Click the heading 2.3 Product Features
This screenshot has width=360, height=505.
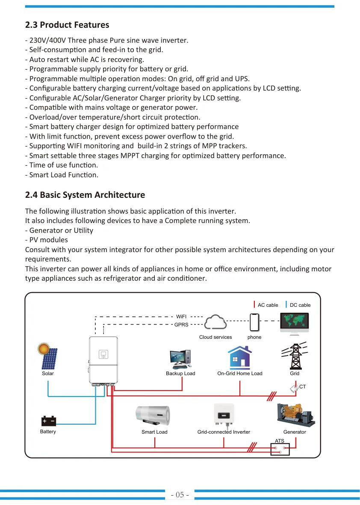(x=67, y=25)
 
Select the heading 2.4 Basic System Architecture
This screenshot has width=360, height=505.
(x=85, y=195)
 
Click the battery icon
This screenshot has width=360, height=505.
(x=49, y=421)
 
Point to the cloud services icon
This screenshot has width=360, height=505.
(x=215, y=322)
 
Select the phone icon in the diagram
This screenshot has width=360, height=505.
(x=255, y=322)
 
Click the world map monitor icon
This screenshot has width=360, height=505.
(x=295, y=323)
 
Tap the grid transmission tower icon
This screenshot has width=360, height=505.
(x=295, y=356)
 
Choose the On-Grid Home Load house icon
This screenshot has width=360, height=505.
(x=240, y=357)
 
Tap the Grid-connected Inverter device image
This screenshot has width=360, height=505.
(x=224, y=415)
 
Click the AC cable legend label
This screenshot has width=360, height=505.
(x=268, y=305)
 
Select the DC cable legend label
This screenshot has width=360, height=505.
(x=300, y=305)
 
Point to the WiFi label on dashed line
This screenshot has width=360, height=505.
(x=181, y=317)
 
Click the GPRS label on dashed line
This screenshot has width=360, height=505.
(x=181, y=325)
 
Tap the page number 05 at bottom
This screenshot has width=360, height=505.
(x=180, y=495)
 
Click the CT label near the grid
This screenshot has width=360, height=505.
(x=302, y=387)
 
